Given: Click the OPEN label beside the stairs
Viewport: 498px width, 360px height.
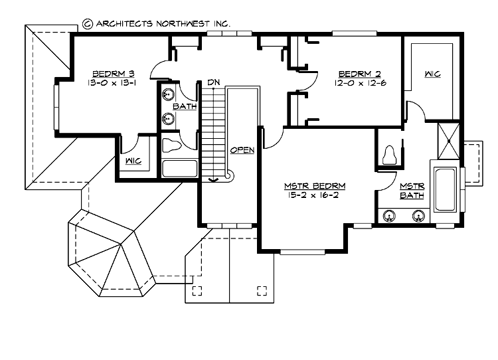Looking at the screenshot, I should tap(242, 150).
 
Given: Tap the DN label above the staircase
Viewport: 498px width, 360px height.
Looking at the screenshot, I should tap(213, 82).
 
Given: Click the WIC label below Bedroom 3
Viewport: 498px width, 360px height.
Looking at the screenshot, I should tap(133, 160).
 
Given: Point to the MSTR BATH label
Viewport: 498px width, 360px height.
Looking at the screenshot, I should tap(412, 191).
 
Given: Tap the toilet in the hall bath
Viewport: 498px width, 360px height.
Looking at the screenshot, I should tap(172, 145).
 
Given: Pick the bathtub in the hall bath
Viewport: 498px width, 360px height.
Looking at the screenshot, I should tap(179, 168).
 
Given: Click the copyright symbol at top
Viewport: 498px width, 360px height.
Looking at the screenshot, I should tap(87, 23).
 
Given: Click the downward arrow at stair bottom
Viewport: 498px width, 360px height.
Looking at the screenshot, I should tap(213, 178).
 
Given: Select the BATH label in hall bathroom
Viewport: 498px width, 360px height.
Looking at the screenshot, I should tap(184, 106).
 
